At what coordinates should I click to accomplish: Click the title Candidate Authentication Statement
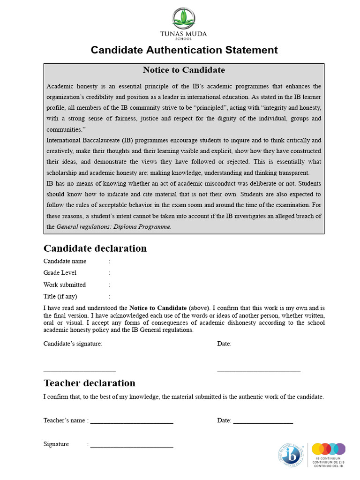pos(184,50)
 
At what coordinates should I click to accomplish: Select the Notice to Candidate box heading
pos(184,70)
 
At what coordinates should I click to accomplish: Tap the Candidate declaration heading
pos(95,248)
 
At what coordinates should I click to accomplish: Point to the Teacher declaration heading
pos(90,383)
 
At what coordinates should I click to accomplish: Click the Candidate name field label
pos(65,261)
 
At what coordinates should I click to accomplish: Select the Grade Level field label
pos(60,273)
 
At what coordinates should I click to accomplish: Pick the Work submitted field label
pos(65,285)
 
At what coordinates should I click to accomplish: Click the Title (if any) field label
pos(60,296)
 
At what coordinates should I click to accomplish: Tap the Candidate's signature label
pos(73,344)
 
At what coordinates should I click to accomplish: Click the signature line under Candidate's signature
pos(80,371)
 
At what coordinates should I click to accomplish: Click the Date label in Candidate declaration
pos(224,344)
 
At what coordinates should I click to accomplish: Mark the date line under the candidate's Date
pos(259,371)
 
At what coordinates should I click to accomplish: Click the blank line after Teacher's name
pos(132,422)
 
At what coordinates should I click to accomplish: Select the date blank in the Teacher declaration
pos(263,422)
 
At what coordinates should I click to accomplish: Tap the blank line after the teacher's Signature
pos(132,446)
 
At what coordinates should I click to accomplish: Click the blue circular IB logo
pos(291,455)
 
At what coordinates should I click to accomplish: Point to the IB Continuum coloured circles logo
pos(329,449)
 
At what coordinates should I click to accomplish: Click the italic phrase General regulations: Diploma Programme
pos(114,227)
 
